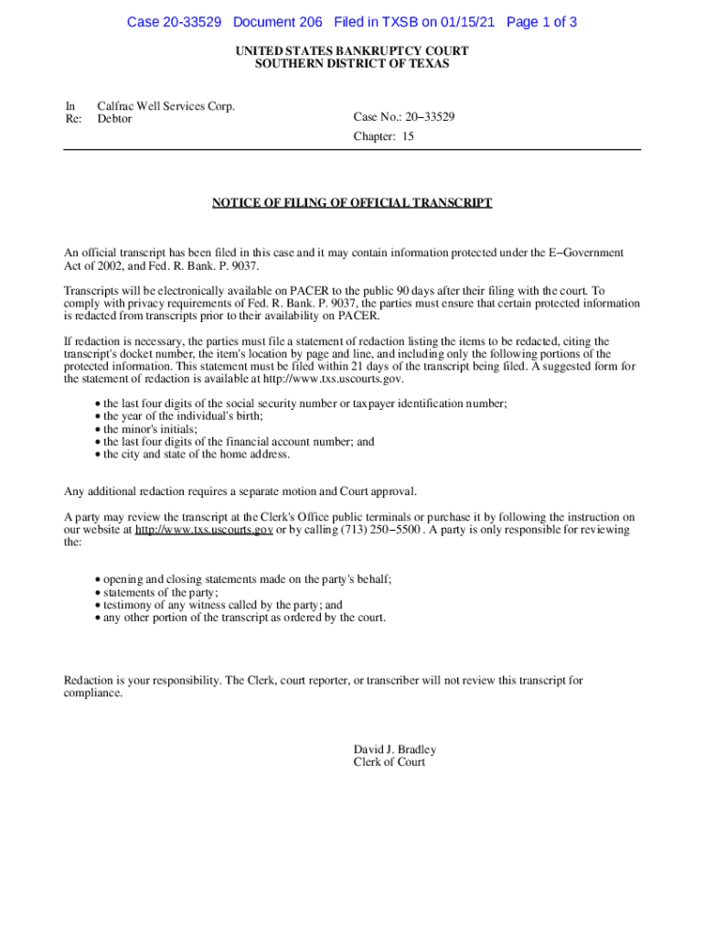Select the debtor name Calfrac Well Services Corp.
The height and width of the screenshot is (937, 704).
click(x=165, y=106)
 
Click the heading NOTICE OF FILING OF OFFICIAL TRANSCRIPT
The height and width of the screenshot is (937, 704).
click(x=352, y=203)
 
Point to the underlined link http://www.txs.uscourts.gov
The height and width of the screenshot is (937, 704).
click(x=204, y=530)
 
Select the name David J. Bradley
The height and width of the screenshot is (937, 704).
click(x=395, y=749)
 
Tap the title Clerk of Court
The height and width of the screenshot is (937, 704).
click(x=389, y=762)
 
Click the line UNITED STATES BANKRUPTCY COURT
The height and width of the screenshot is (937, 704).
click(x=352, y=51)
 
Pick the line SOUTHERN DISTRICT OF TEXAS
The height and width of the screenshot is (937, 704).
click(x=352, y=64)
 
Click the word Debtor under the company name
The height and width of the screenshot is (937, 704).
click(x=114, y=119)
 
